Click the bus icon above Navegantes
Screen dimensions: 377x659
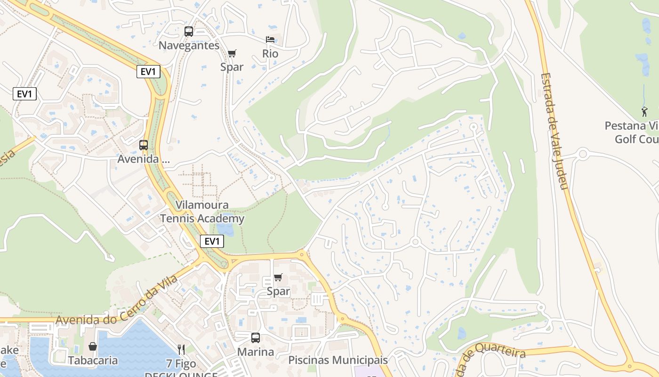click(x=189, y=32)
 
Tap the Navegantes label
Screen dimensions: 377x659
click(x=189, y=45)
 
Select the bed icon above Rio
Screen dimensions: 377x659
click(x=270, y=40)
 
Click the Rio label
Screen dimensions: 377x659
click(x=270, y=54)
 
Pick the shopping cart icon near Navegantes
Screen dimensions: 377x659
click(x=232, y=53)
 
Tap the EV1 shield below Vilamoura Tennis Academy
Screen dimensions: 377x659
click(x=212, y=242)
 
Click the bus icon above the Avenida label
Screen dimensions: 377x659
click(x=144, y=145)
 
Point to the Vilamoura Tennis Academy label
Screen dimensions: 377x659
click(x=202, y=212)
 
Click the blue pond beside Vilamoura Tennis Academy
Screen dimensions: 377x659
click(x=226, y=230)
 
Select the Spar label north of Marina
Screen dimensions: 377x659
click(x=278, y=291)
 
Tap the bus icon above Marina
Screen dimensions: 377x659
click(x=255, y=338)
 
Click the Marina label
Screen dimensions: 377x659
click(x=255, y=352)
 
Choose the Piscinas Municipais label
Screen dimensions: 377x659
click(x=338, y=360)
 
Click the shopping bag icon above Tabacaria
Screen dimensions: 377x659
click(x=93, y=347)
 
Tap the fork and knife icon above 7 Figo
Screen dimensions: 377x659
click(x=181, y=349)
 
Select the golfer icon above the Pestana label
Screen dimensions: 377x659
click(x=644, y=112)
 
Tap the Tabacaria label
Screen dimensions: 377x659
click(x=93, y=361)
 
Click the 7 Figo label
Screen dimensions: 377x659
click(x=181, y=364)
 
